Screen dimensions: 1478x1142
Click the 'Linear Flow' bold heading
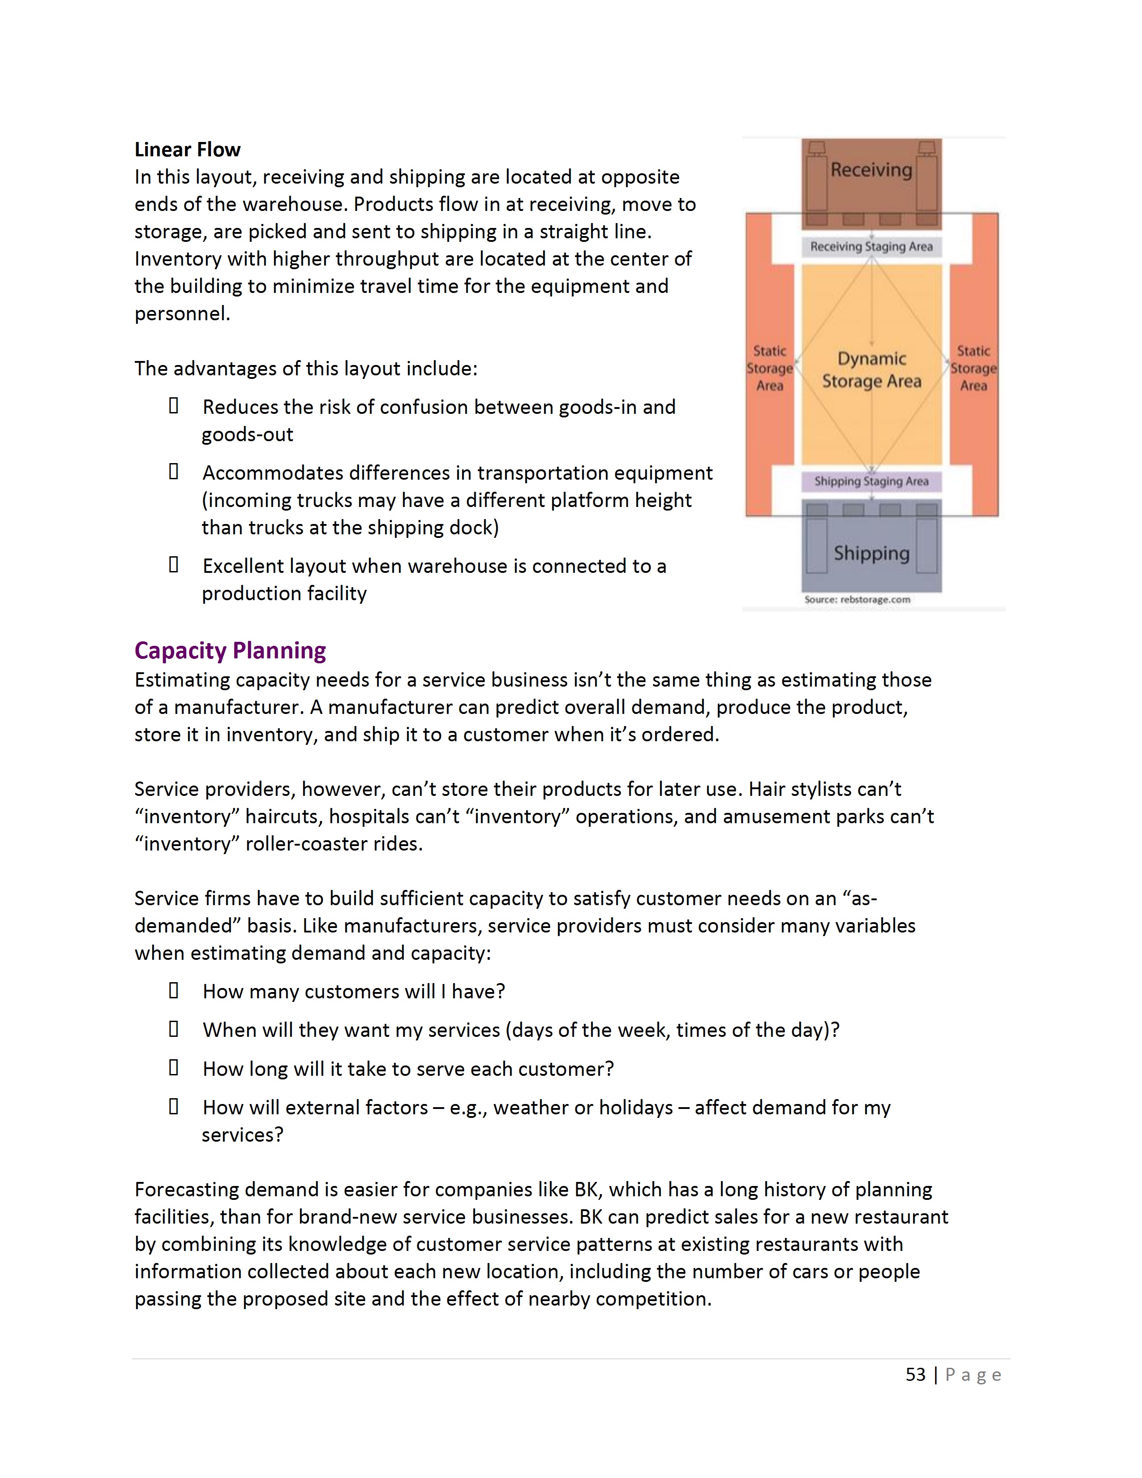click(187, 150)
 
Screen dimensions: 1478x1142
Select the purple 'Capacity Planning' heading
click(230, 650)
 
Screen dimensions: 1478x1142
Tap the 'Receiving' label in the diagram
click(872, 170)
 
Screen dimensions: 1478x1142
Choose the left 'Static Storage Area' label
click(770, 369)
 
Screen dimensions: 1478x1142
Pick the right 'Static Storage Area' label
click(974, 369)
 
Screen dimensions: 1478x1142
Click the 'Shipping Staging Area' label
click(872, 481)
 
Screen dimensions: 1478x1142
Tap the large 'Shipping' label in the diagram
click(872, 554)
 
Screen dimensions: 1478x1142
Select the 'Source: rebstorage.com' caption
click(857, 600)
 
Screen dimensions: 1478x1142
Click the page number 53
click(915, 1375)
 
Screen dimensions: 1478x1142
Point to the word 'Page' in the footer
click(973, 1375)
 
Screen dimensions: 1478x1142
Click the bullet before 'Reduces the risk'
click(174, 406)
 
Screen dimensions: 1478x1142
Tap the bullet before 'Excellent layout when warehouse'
click(174, 565)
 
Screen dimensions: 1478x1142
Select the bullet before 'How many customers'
click(174, 991)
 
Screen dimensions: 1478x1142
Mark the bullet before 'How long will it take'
click(174, 1068)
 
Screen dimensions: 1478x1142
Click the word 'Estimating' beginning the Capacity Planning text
click(182, 680)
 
